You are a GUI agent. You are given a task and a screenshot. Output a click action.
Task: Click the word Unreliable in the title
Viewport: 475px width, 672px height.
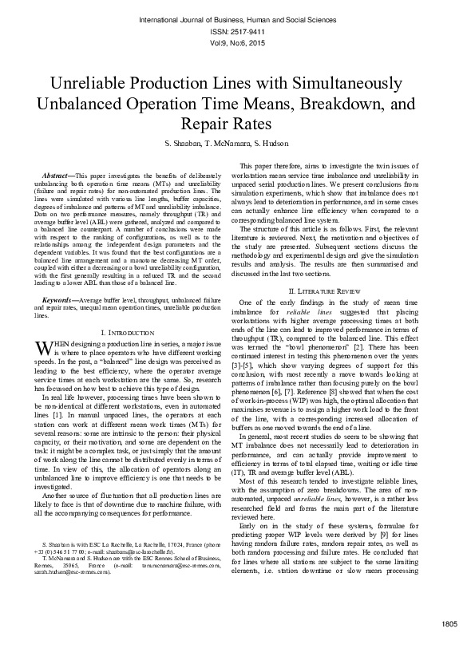(x=90, y=84)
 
